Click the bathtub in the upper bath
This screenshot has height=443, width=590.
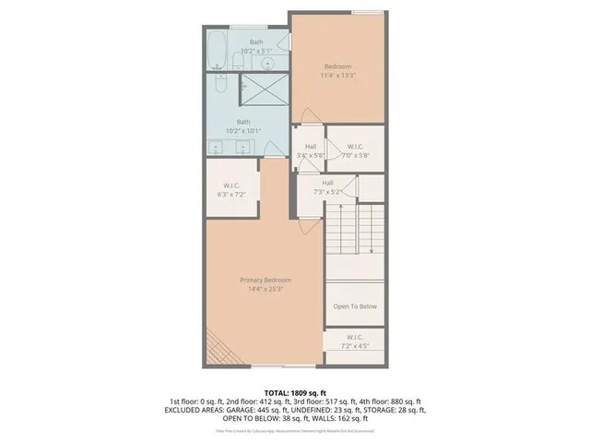click(216, 52)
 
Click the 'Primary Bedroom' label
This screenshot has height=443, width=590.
click(265, 280)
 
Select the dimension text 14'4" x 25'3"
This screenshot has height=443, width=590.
click(265, 290)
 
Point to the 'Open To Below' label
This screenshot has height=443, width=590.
click(355, 306)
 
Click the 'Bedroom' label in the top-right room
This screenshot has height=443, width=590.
click(336, 66)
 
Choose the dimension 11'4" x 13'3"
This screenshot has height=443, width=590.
click(336, 76)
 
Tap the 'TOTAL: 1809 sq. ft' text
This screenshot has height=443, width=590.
click(296, 392)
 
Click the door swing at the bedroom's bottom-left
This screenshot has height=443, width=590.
click(311, 117)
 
